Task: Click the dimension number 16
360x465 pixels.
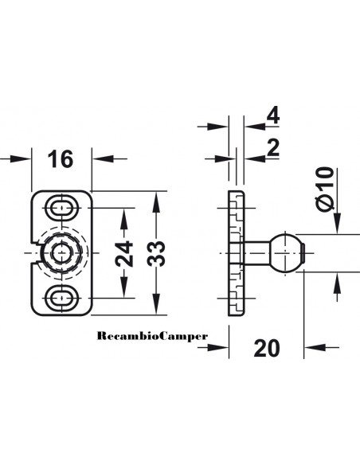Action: click(x=61, y=159)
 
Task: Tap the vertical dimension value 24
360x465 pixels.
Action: click(x=124, y=253)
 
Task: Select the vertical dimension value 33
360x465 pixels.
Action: click(x=156, y=253)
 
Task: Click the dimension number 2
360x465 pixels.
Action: click(x=273, y=148)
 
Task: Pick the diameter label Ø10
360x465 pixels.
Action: click(x=325, y=189)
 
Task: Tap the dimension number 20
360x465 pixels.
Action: click(x=267, y=348)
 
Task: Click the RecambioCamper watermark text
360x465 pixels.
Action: click(x=152, y=336)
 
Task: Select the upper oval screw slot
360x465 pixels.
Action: click(x=61, y=208)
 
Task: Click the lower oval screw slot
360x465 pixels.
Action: click(x=61, y=298)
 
